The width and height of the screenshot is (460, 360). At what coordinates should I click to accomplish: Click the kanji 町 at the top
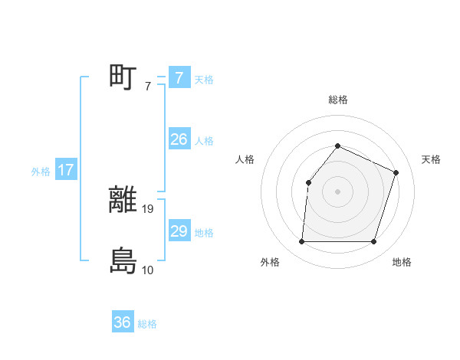123,77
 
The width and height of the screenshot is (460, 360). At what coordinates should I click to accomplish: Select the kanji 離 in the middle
123,201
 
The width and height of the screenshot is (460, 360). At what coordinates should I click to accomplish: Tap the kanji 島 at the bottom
123,261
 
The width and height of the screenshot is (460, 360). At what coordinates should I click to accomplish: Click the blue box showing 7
179,78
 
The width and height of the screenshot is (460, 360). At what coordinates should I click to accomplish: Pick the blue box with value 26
179,139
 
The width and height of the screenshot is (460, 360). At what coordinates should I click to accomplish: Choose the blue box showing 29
179,231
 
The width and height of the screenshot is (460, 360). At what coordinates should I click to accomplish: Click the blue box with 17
65,170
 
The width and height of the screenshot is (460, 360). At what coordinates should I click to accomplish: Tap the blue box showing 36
123,322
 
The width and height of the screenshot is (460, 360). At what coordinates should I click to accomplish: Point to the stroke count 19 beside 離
149,208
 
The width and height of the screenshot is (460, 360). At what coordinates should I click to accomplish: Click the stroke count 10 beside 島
147,270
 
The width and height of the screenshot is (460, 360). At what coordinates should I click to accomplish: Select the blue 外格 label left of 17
41,172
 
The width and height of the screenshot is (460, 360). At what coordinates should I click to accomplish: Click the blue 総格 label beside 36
147,324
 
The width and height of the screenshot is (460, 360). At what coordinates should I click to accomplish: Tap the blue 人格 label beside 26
204,141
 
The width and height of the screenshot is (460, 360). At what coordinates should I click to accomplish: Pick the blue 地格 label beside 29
204,233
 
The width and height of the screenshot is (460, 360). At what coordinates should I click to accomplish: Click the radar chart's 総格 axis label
337,100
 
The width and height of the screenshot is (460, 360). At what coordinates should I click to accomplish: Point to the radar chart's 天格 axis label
432,159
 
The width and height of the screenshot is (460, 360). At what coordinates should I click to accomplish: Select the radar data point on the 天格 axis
396,172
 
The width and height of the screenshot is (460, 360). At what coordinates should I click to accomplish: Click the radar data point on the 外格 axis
301,242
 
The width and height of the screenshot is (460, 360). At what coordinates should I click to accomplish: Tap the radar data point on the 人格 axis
308,182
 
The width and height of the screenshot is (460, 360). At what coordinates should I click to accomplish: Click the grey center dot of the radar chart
337,191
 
